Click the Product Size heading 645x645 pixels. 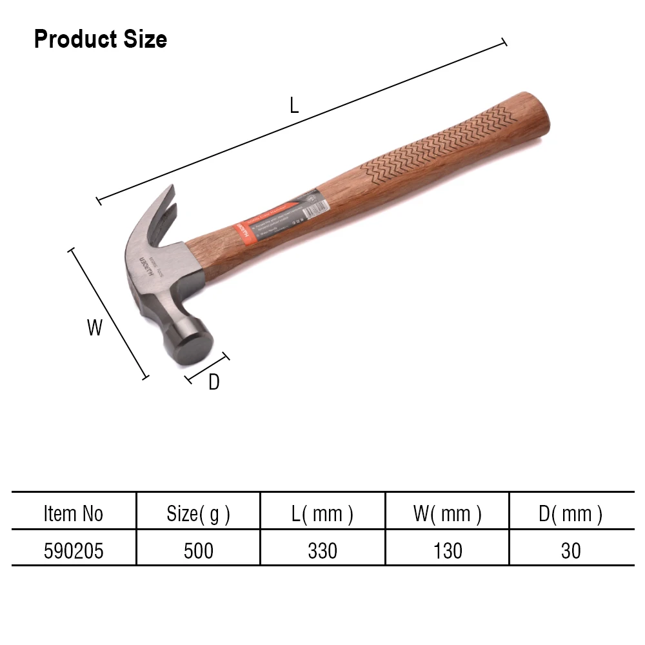(x=100, y=39)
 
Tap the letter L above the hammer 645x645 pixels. (x=294, y=105)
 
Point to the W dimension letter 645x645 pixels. (x=95, y=328)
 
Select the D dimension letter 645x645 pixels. (x=213, y=382)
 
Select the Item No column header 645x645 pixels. (x=74, y=514)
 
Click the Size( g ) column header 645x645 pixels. (x=198, y=514)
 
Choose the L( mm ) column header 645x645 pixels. (x=322, y=514)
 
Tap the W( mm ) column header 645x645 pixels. (x=448, y=514)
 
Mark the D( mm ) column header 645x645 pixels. (x=571, y=514)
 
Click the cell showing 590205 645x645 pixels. (x=74, y=551)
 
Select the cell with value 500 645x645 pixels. (x=198, y=551)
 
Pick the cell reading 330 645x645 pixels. (x=322, y=551)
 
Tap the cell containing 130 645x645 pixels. (x=448, y=551)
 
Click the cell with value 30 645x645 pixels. (x=571, y=551)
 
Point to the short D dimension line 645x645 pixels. (x=207, y=367)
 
